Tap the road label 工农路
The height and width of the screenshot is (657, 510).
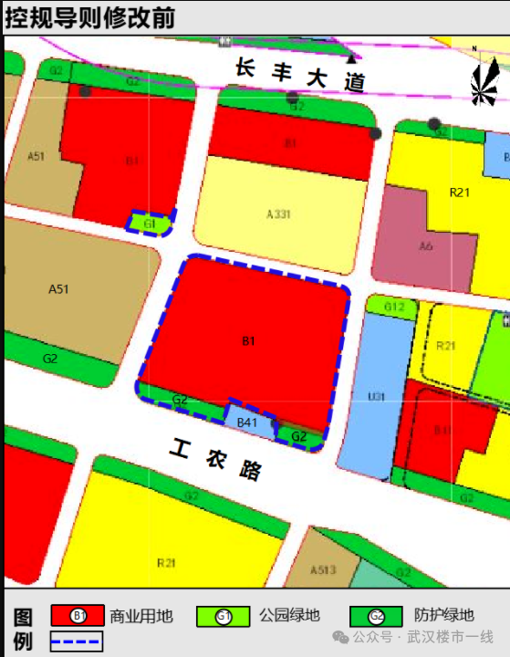tap(216, 459)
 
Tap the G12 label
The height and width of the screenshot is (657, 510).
tap(393, 308)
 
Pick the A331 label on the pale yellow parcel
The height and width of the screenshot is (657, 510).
tap(278, 214)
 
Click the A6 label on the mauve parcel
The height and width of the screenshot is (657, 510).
tap(425, 246)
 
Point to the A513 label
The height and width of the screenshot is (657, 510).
tap(323, 570)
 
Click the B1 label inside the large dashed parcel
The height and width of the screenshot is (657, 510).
tap(247, 341)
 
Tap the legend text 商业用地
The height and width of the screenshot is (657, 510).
tap(141, 616)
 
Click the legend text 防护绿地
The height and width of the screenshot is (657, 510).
tap(443, 616)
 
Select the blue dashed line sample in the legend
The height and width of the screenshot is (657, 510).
tap(77, 641)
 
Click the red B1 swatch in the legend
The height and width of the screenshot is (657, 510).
tap(77, 616)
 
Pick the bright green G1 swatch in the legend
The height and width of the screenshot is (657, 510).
tap(224, 616)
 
